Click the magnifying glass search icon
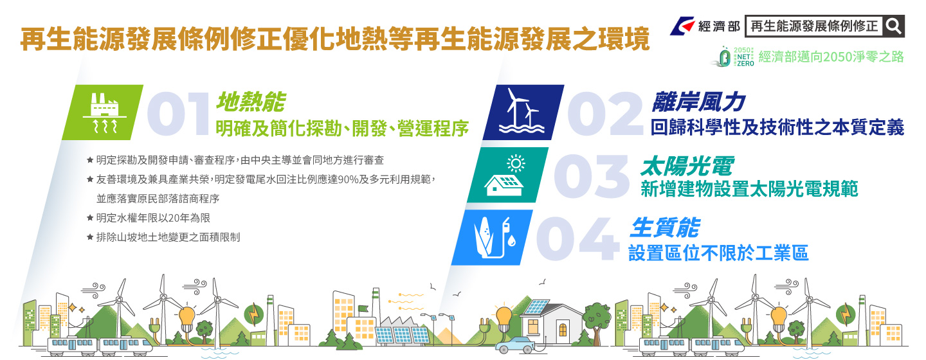coord(893,26)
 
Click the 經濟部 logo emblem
coord(683,26)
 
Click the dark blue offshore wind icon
coord(523,113)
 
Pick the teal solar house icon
coord(507,175)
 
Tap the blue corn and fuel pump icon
coord(492,237)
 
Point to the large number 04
coord(577,239)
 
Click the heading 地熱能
coord(251,102)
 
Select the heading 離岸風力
coord(698,102)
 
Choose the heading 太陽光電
coord(687,166)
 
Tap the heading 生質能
coord(665,228)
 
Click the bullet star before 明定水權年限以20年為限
coord(90,217)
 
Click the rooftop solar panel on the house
coord(536,307)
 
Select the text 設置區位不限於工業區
coord(718,253)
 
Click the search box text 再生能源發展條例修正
coord(813,26)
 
